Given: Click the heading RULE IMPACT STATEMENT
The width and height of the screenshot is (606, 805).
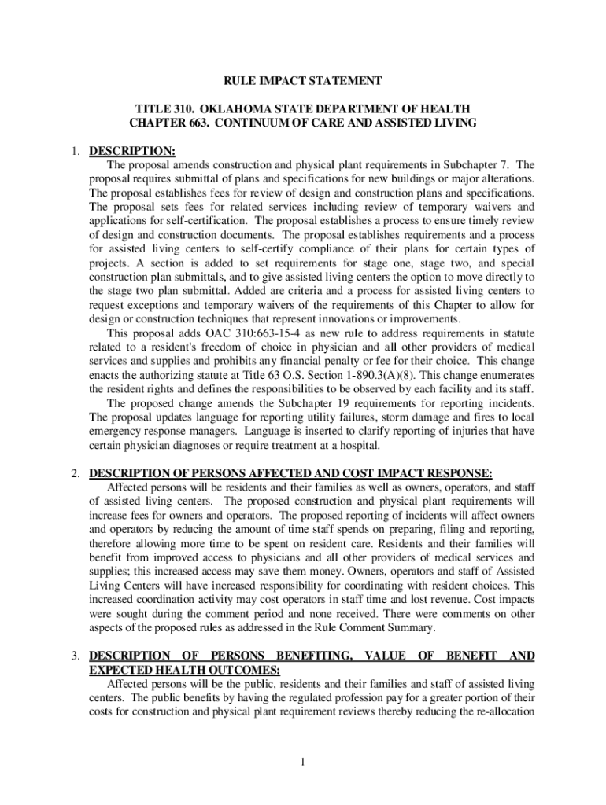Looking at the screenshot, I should point(303,81).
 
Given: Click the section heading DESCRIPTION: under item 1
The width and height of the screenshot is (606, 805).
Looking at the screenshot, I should point(131,151).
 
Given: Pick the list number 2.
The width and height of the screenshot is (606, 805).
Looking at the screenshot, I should point(74,473).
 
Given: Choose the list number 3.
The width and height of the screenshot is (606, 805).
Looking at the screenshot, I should point(74,655).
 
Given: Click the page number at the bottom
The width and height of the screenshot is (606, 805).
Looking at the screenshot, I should point(303,761).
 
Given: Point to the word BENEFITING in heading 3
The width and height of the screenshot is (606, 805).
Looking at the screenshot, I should point(315,655).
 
